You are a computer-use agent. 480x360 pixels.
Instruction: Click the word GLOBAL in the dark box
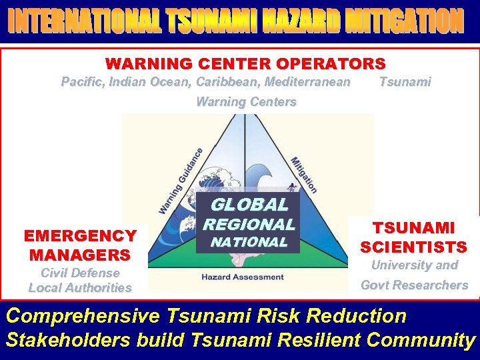(x=249, y=205)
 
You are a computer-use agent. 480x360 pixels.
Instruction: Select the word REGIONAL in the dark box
(x=249, y=225)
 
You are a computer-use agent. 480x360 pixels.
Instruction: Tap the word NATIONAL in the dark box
(x=249, y=243)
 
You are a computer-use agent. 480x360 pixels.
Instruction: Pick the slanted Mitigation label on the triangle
(x=304, y=175)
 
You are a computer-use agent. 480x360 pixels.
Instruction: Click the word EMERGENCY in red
(x=80, y=236)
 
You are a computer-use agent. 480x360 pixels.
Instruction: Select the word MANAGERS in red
(x=80, y=255)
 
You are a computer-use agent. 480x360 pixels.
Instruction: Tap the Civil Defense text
(x=80, y=273)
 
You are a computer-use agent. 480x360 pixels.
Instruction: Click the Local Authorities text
(x=80, y=288)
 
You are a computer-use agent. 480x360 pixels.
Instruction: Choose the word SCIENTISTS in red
(x=413, y=247)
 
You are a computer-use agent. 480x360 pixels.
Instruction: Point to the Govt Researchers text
(x=414, y=285)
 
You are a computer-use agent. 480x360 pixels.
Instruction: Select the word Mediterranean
(x=307, y=82)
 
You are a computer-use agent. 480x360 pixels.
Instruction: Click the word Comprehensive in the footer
(x=83, y=316)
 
